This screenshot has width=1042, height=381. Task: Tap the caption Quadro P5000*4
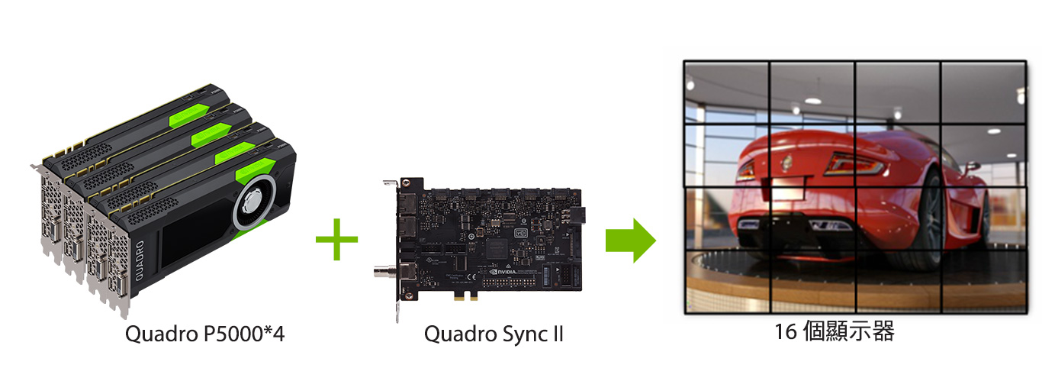(x=204, y=334)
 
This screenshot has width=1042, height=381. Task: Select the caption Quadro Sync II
(x=494, y=334)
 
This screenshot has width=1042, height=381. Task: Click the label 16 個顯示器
(x=834, y=332)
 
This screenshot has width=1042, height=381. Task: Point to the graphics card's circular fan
(x=253, y=206)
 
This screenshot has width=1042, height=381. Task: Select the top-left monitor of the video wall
(x=727, y=92)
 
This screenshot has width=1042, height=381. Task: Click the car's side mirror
(x=971, y=165)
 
